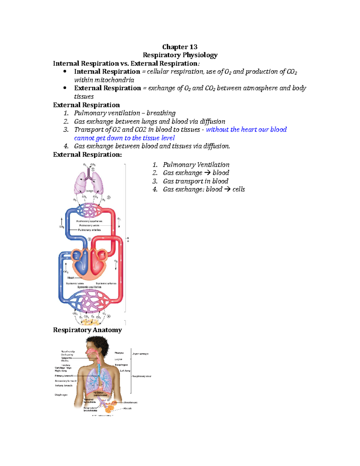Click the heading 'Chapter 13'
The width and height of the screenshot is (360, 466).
click(x=180, y=47)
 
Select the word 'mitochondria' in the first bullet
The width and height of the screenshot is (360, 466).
click(x=114, y=80)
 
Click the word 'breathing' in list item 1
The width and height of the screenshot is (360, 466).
click(x=161, y=113)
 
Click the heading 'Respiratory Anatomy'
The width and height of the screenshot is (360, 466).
click(x=87, y=330)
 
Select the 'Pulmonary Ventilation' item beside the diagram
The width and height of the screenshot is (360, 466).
click(x=196, y=165)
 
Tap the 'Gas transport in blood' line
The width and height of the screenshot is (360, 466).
click(x=195, y=181)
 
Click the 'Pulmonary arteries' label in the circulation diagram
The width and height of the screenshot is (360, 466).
click(x=89, y=230)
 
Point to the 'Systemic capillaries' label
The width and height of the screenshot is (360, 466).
click(x=89, y=287)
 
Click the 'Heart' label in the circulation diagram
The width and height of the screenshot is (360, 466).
click(x=71, y=278)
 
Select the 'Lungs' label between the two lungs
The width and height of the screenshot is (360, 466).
click(x=89, y=191)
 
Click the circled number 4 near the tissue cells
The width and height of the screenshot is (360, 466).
click(x=109, y=316)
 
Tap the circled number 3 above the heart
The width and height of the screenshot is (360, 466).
click(x=89, y=239)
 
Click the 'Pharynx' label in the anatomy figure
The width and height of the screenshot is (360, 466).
click(x=119, y=353)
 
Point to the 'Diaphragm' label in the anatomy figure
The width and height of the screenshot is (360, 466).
click(x=61, y=395)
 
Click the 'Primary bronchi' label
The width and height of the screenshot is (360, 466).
click(x=64, y=376)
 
